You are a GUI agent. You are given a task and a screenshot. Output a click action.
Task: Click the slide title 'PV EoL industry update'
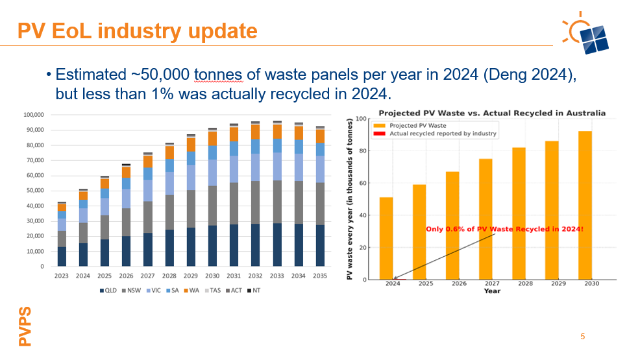point(137,30)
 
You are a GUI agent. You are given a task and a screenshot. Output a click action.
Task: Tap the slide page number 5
point(582,337)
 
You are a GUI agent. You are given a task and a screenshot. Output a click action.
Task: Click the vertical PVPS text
point(25,326)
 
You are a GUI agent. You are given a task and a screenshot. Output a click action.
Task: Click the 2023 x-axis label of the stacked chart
point(62,276)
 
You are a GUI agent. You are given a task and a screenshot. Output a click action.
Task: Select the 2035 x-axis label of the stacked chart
point(319,276)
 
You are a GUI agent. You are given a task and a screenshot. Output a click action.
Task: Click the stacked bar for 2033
point(277,195)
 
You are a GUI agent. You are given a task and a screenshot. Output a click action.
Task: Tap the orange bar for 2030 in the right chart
point(584,205)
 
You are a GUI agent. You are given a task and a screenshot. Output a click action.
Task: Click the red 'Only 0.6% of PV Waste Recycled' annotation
point(504,229)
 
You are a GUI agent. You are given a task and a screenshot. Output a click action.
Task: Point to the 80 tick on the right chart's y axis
point(365,151)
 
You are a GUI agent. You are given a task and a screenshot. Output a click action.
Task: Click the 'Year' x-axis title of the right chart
point(491,291)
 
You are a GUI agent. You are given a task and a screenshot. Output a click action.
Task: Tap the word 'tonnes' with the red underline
point(218,75)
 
